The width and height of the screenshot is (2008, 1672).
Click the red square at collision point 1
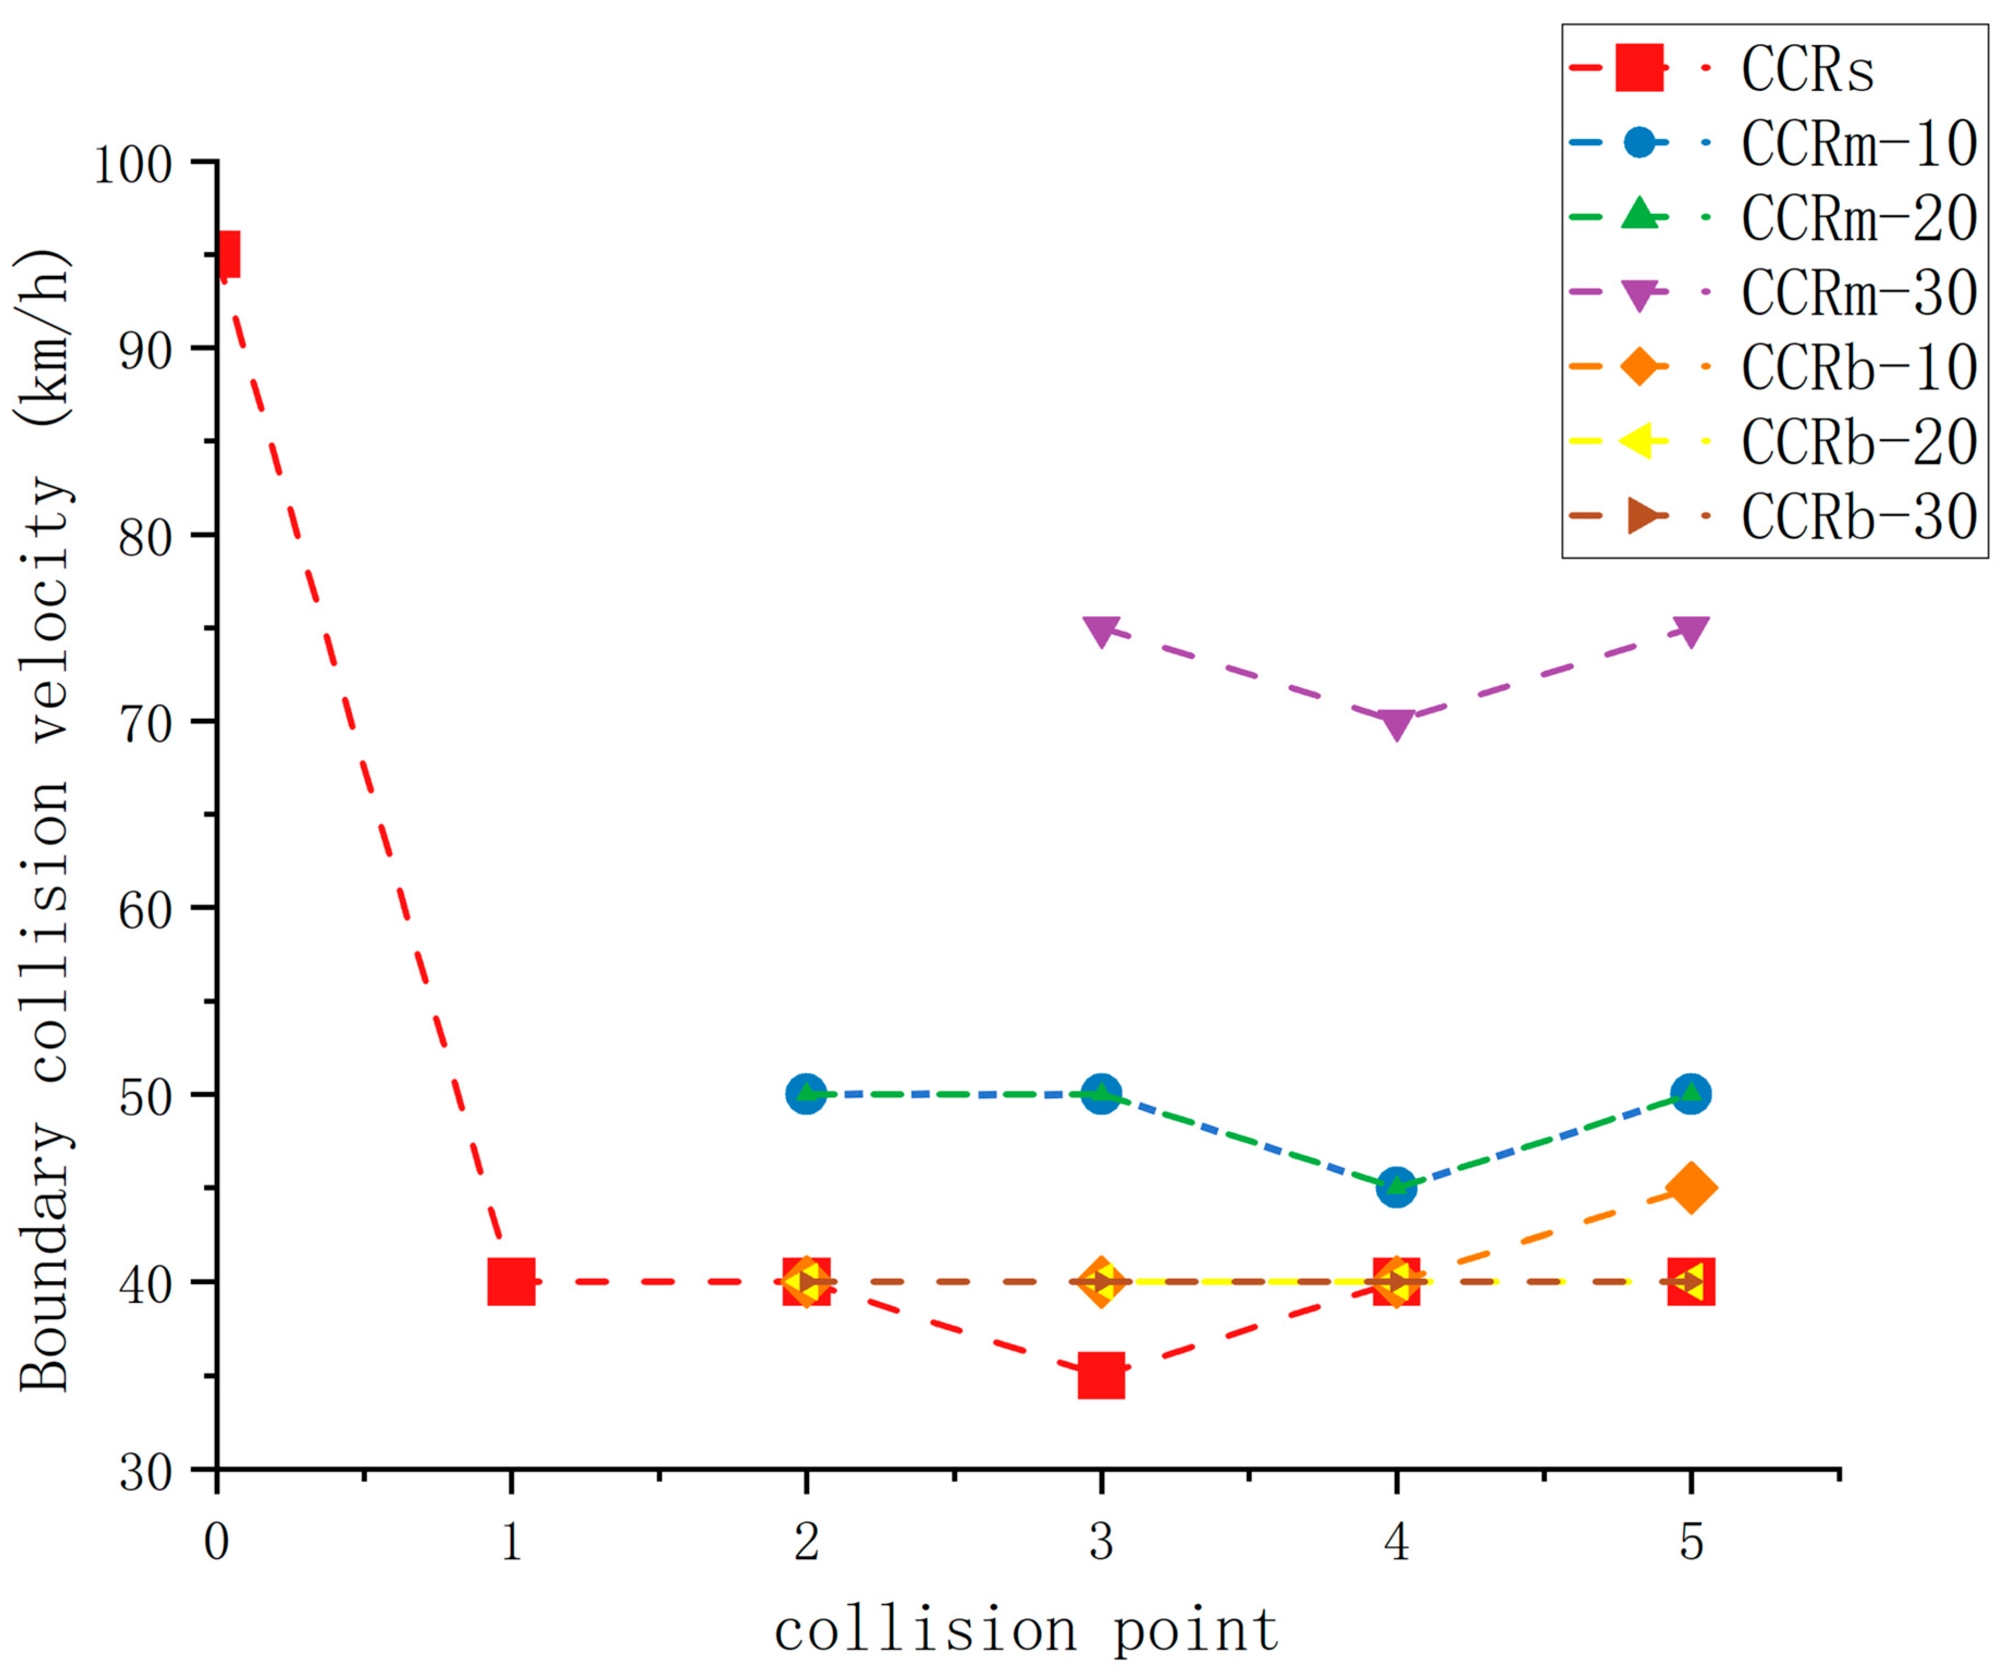pos(512,1282)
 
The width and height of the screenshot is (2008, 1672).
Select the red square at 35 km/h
pos(1100,1375)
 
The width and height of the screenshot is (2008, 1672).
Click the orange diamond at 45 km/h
pos(1691,1188)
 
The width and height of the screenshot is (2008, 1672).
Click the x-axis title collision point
pos(1026,1631)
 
